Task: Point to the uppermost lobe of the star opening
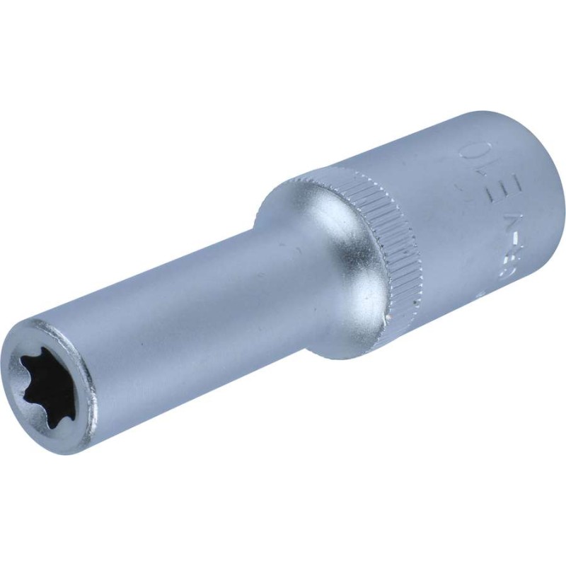(44, 364)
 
